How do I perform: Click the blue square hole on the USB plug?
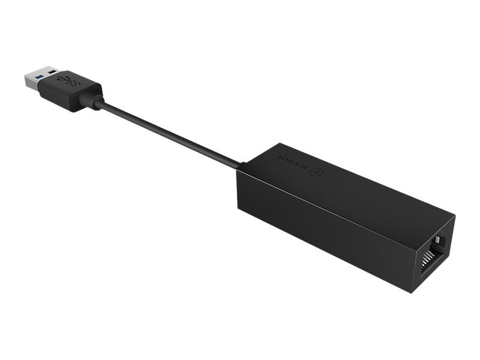(38, 77)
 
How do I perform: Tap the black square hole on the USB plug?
(53, 73)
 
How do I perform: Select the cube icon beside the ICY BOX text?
(317, 172)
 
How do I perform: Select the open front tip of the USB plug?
(27, 80)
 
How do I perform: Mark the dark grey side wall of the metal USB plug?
(33, 90)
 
